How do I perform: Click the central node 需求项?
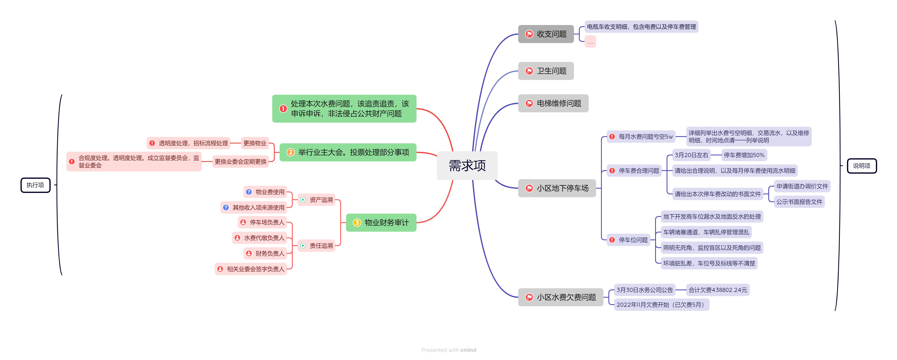click(x=467, y=166)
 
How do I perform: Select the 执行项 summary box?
click(x=35, y=185)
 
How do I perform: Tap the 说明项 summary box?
click(x=862, y=166)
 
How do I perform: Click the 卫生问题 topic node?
click(x=546, y=71)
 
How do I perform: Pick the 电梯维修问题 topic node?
click(x=553, y=103)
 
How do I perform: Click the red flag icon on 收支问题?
click(x=529, y=34)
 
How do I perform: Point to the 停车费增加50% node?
click(x=744, y=155)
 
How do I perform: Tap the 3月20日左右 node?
click(x=691, y=155)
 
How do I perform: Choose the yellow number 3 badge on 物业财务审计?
click(x=357, y=223)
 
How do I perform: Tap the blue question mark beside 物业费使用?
click(x=249, y=192)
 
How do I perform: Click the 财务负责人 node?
click(x=265, y=253)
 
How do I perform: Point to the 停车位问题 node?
click(x=628, y=240)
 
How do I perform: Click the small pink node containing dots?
click(x=590, y=42)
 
